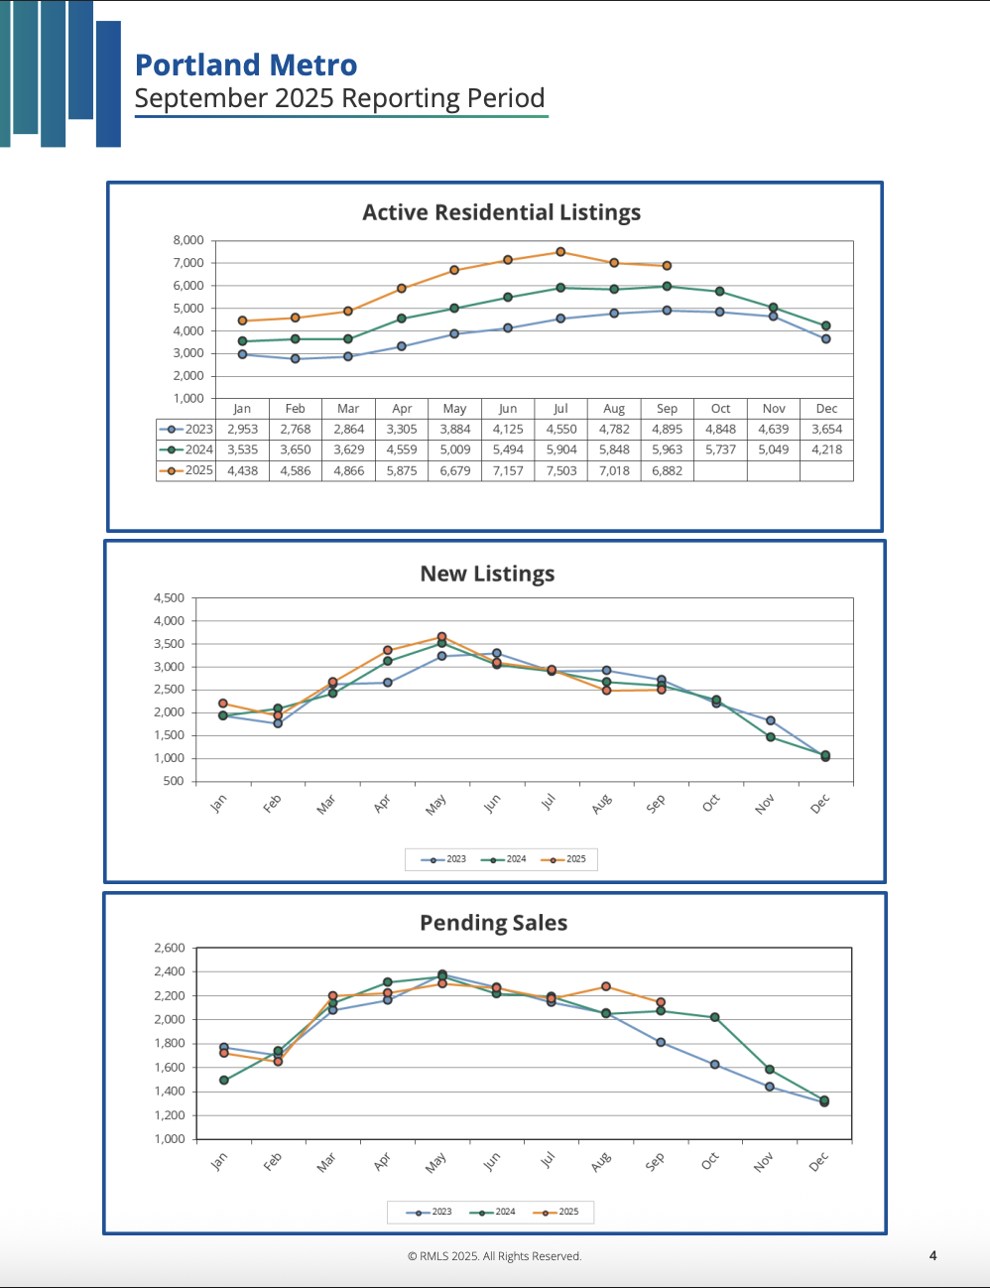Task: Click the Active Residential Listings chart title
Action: click(501, 212)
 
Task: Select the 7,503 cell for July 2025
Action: click(560, 470)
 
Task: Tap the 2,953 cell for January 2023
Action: click(242, 430)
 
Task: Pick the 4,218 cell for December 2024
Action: click(826, 450)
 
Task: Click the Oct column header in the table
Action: click(720, 409)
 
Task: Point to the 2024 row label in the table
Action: click(198, 450)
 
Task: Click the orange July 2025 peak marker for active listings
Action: click(560, 252)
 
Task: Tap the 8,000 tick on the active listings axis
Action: click(187, 240)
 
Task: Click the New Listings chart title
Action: click(487, 574)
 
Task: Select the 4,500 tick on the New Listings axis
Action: click(169, 598)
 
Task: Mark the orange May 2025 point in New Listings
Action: click(441, 637)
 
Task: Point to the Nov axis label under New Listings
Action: click(764, 805)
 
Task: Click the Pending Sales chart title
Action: click(493, 923)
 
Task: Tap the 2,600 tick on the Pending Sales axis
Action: click(169, 948)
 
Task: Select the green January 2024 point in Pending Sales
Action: click(224, 1081)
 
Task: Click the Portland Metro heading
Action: click(246, 65)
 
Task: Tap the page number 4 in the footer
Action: click(932, 1255)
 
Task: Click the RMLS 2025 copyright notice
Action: click(494, 1256)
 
